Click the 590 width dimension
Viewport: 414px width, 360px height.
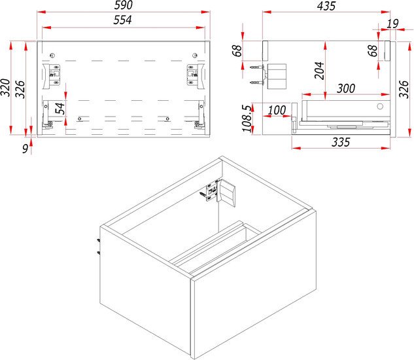[x=124, y=5]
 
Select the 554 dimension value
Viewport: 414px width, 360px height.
[x=122, y=20]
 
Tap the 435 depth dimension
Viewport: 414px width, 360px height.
[x=326, y=6]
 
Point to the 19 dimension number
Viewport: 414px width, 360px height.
[x=392, y=24]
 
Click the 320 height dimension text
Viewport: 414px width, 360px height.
[x=5, y=88]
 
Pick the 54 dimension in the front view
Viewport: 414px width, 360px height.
[x=60, y=108]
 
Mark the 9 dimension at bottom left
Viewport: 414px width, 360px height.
[x=25, y=149]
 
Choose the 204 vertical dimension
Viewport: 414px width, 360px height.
[x=319, y=70]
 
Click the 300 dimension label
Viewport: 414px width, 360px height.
[x=346, y=88]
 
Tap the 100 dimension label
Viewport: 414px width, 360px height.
[x=277, y=110]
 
